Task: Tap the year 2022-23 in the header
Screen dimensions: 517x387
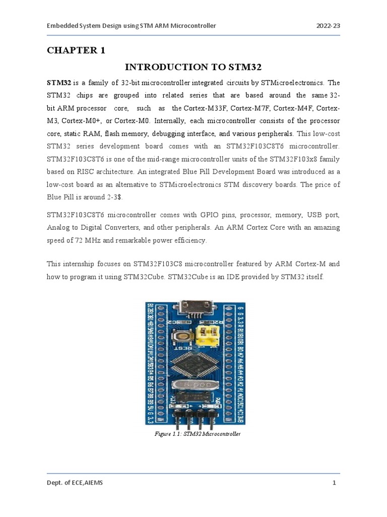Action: (328, 25)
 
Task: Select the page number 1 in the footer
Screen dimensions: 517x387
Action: (334, 483)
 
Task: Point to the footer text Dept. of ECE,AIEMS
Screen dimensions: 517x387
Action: (75, 483)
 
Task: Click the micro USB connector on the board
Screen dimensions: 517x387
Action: (193, 309)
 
